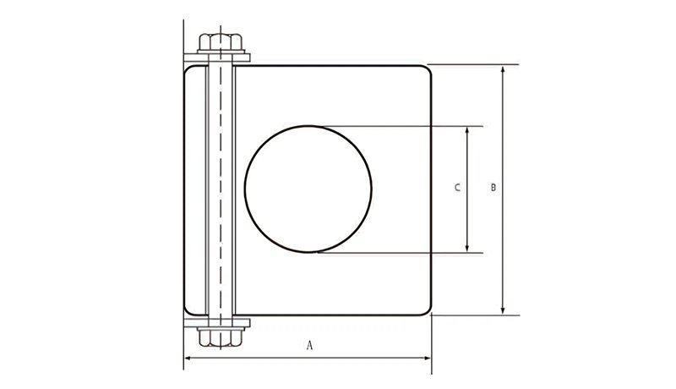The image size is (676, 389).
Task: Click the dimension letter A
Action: [309, 345]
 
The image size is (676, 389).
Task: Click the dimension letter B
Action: [493, 188]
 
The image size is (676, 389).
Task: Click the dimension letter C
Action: [457, 188]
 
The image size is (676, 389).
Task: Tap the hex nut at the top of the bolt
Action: [221, 42]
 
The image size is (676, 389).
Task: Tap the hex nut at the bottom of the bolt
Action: [221, 337]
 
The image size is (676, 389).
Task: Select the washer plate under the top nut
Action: [217, 58]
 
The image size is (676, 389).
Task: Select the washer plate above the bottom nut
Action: [217, 323]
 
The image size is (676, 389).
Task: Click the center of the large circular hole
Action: [308, 189]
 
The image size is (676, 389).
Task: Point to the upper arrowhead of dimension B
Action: [503, 69]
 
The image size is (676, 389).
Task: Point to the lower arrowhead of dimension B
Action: [503, 310]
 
